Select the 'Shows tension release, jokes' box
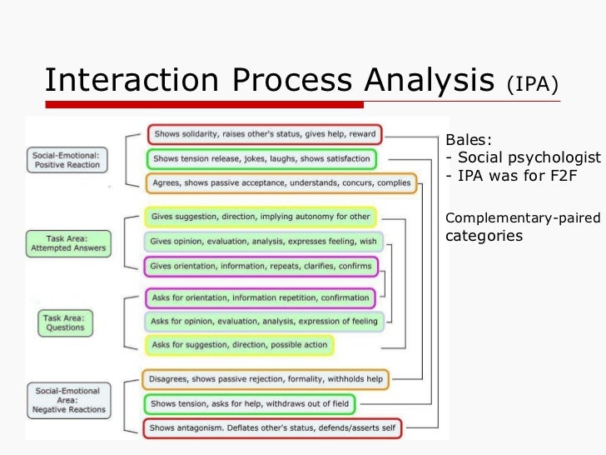click(x=260, y=158)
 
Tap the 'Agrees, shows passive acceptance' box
click(x=281, y=182)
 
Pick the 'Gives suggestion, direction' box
click(x=261, y=217)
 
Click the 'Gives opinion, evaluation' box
click(x=264, y=242)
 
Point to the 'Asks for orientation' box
click(x=259, y=297)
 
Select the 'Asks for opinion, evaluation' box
click(x=264, y=321)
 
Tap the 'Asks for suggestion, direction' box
click(x=239, y=344)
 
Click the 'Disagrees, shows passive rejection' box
click(x=265, y=379)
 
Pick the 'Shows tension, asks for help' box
click(x=248, y=403)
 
